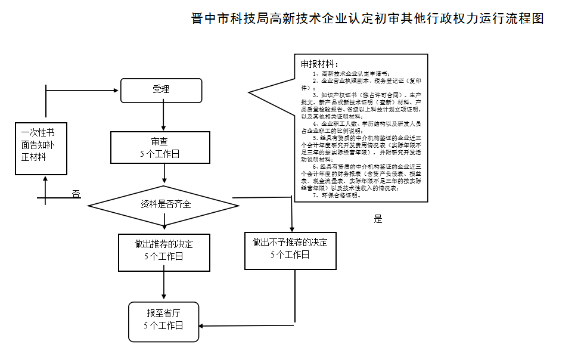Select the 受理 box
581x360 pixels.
[x=161, y=90]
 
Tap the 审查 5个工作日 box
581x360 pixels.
[x=159, y=147]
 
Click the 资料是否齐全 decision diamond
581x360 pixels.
[x=164, y=204]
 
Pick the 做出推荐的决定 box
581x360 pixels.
[x=164, y=250]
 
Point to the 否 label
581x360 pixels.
[x=76, y=194]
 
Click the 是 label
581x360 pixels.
[x=378, y=219]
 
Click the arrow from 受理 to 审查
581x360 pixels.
[x=164, y=117]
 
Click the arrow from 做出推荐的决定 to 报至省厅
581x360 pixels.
[x=164, y=286]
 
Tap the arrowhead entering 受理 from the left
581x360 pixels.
[x=117, y=91]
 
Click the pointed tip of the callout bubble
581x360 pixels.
[x=250, y=92]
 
